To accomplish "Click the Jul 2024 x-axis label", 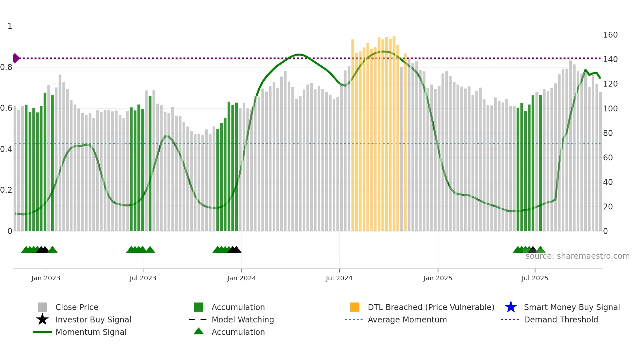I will [339, 278].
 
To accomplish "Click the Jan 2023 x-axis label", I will [46, 278].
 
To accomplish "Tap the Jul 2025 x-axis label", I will [535, 278].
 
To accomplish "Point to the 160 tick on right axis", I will [610, 35].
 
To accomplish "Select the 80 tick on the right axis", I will [608, 133].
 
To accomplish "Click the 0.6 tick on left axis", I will [6, 108].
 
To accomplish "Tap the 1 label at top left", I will [10, 26].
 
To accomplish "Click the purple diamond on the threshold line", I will [16, 58].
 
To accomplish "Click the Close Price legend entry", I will [76, 307].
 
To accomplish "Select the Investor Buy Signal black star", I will [42, 319].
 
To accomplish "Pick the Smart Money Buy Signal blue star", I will [511, 307].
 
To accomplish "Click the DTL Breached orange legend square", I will [355, 307].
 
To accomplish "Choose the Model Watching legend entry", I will [242, 319].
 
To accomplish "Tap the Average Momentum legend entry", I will [407, 319].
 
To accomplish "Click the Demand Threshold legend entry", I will [561, 319].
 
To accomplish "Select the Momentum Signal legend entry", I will [91, 332].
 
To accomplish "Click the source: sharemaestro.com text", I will [577, 256].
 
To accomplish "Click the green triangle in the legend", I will [199, 331].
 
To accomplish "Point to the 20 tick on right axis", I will [608, 206].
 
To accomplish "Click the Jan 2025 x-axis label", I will [438, 278].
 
